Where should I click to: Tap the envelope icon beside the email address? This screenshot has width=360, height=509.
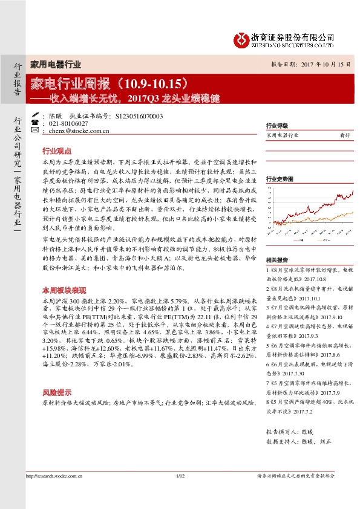tap(34, 130)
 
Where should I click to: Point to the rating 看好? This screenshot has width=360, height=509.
tap(345, 136)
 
